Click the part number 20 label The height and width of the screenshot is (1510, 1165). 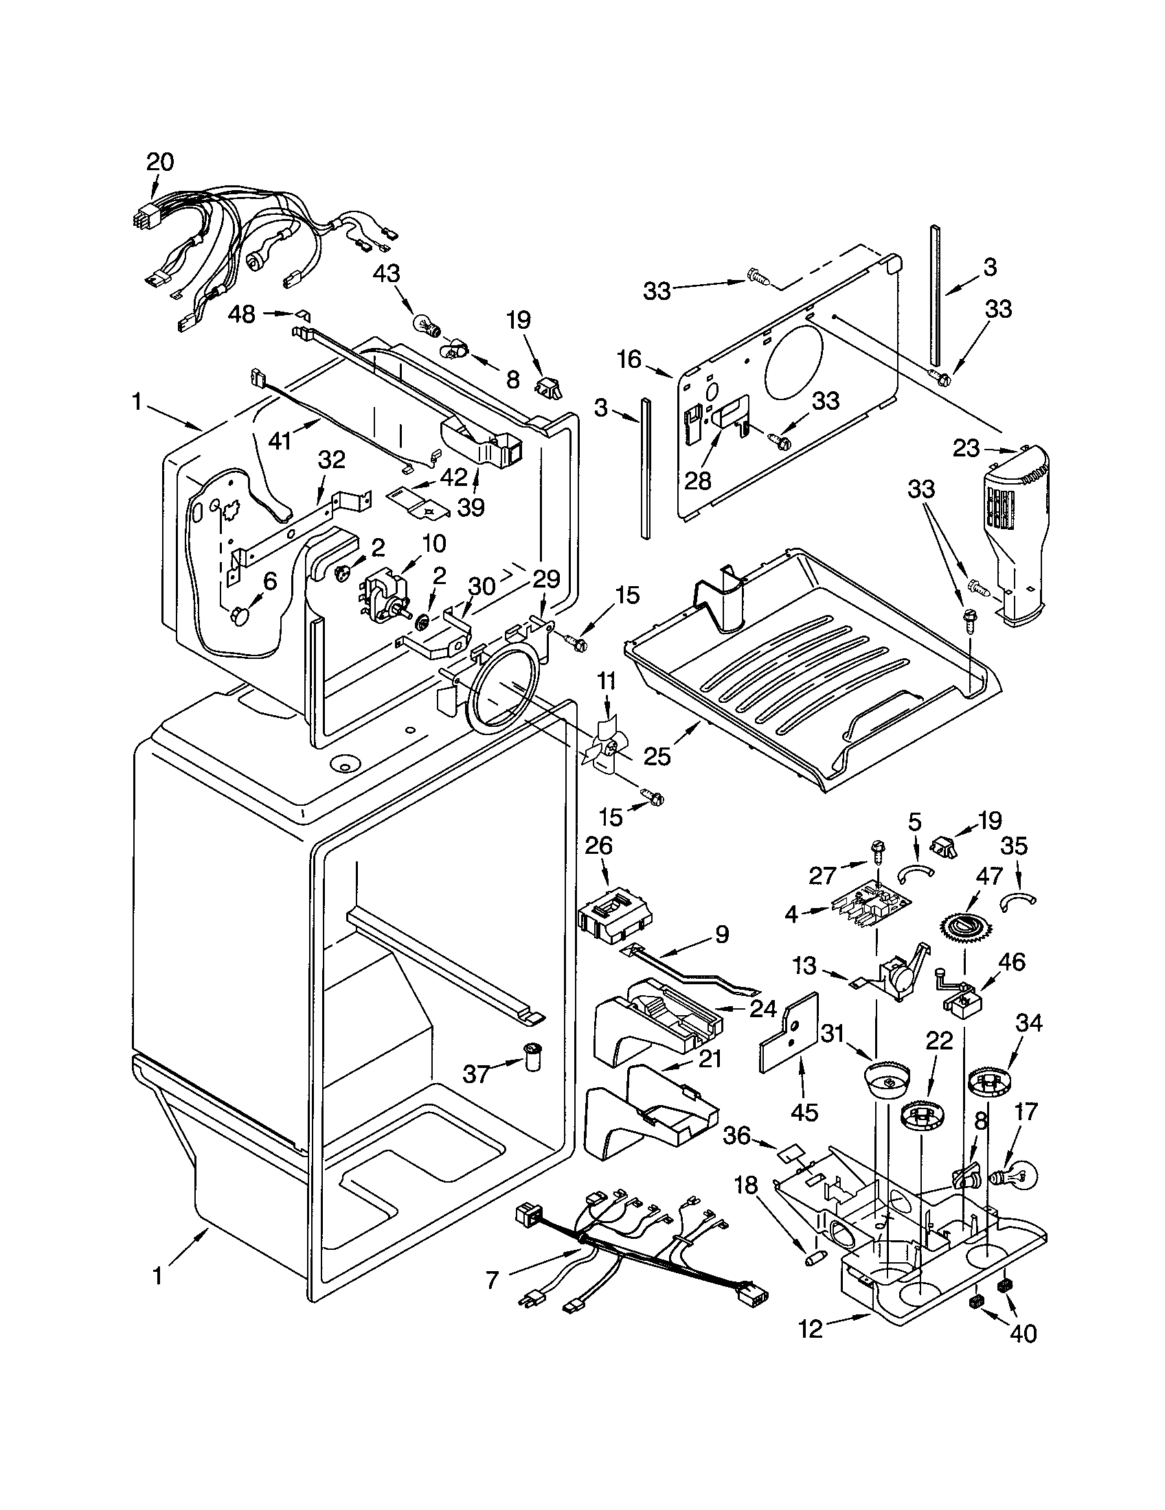[x=159, y=162]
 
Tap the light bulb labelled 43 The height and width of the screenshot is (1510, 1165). [x=424, y=323]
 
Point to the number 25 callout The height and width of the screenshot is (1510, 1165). [x=657, y=757]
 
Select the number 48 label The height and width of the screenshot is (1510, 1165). [x=242, y=314]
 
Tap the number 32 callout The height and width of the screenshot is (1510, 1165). [x=331, y=460]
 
